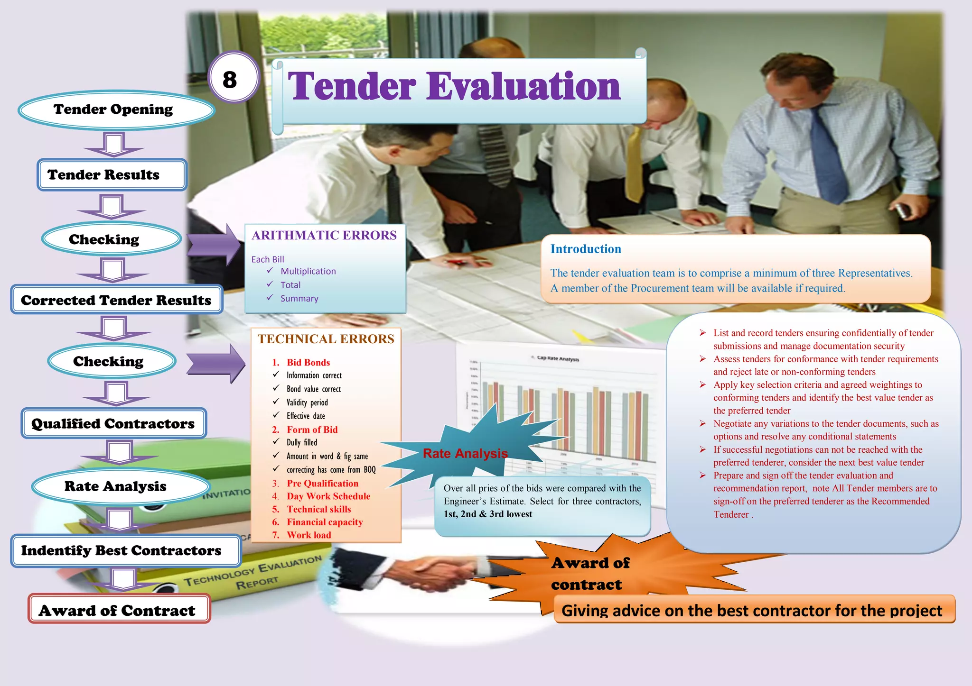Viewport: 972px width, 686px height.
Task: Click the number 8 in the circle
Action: click(x=230, y=79)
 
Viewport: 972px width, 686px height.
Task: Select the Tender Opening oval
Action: click(x=114, y=110)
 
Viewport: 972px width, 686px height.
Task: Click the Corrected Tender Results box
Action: click(x=116, y=300)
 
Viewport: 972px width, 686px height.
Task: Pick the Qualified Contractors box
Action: click(x=113, y=423)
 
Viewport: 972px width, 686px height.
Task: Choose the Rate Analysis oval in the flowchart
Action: click(x=116, y=486)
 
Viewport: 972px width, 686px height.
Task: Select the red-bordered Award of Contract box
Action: click(x=118, y=610)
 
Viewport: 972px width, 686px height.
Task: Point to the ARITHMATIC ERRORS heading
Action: click(x=324, y=236)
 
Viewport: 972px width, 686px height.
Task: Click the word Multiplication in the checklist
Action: click(x=308, y=271)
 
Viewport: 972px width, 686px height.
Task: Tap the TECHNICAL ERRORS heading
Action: click(x=326, y=339)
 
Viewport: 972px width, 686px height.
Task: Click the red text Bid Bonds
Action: click(x=308, y=363)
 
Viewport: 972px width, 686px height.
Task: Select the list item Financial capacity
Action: click(x=325, y=522)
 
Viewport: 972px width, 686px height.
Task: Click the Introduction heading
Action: click(x=586, y=249)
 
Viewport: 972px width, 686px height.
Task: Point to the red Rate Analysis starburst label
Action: click(x=465, y=454)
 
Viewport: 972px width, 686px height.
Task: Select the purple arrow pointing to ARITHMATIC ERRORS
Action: click(x=214, y=245)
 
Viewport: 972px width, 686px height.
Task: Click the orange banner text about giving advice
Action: click(x=752, y=611)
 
